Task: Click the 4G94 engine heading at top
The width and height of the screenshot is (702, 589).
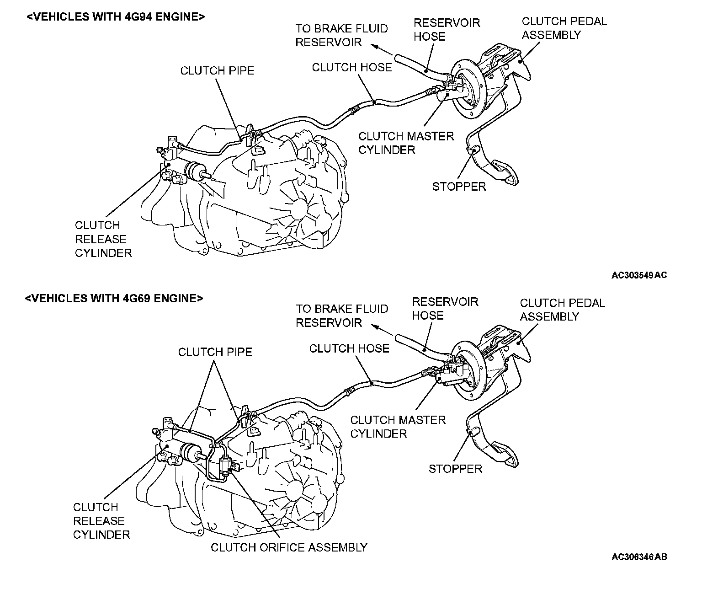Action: pyautogui.click(x=116, y=17)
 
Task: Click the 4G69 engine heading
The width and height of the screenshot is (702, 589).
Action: pyautogui.click(x=114, y=298)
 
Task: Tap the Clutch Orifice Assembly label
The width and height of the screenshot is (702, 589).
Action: pyautogui.click(x=289, y=547)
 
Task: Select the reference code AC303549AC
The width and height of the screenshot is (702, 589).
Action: pyautogui.click(x=639, y=275)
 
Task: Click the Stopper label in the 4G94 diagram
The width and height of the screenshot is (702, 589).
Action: pyautogui.click(x=459, y=186)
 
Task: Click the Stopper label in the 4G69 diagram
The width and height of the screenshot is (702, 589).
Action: pyautogui.click(x=455, y=468)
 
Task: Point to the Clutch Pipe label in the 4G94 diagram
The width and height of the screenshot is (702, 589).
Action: pyautogui.click(x=217, y=70)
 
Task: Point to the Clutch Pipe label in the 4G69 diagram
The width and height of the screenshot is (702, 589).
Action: pyautogui.click(x=215, y=352)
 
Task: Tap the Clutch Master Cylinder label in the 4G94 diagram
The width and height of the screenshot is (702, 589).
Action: pyautogui.click(x=406, y=143)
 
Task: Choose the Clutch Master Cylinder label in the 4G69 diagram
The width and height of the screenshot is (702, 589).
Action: pyautogui.click(x=398, y=426)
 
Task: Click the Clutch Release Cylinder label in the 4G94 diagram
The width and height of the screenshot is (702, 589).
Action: pyautogui.click(x=103, y=239)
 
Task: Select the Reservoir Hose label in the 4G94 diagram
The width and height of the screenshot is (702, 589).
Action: pyautogui.click(x=447, y=30)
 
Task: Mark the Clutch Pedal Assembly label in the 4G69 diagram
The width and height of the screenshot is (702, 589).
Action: pyautogui.click(x=562, y=310)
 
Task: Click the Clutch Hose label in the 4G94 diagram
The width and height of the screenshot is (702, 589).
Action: pyautogui.click(x=352, y=67)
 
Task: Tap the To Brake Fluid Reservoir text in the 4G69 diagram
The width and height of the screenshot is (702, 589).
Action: pyautogui.click(x=342, y=316)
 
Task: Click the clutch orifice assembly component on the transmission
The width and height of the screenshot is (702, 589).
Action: pyautogui.click(x=226, y=466)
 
